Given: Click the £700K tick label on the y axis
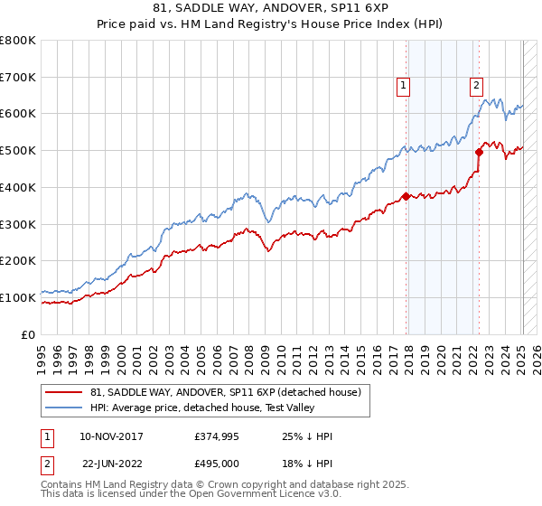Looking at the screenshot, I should coord(19,77).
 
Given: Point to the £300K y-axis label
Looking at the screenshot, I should coord(19,224).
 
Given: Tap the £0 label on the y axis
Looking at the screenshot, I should coord(30,334).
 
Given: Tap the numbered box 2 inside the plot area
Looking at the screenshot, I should coord(475,87).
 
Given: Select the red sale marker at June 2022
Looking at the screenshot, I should coord(480,152).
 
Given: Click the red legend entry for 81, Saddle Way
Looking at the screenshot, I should coord(225,391).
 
